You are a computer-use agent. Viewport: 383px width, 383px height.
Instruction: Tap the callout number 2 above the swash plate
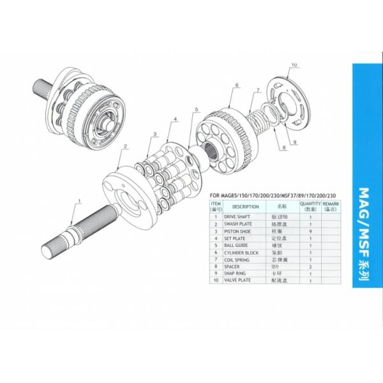pos(126,147)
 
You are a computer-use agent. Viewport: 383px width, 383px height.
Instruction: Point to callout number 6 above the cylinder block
pos(236,85)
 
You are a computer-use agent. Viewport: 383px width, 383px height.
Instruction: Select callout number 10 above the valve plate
pos(294,65)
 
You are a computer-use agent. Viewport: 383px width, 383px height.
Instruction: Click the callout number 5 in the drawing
pos(197,109)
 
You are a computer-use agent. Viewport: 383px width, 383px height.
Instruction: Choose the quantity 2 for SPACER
pos(310,266)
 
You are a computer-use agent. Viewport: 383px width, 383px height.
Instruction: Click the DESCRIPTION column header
pos(245,206)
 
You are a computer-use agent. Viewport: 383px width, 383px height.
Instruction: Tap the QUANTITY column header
pos(310,206)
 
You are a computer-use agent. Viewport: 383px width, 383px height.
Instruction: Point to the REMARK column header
pos(330,206)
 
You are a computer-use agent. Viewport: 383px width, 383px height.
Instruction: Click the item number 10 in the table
pos(216,280)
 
